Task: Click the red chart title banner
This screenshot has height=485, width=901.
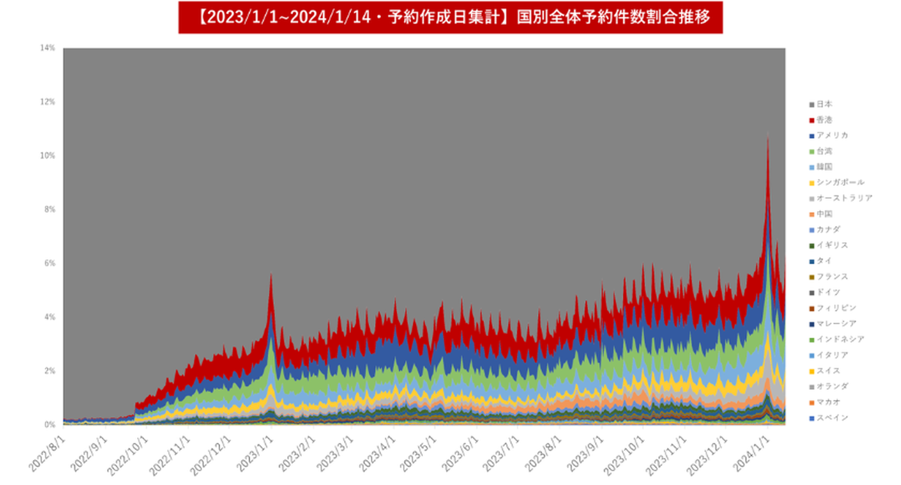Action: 450,18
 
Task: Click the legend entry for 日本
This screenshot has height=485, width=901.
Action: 824,104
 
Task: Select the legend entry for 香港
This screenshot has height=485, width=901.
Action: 824,120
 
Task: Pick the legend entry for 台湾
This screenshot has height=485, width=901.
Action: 824,151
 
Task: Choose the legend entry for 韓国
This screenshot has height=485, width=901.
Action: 824,166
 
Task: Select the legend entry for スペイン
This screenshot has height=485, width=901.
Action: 832,417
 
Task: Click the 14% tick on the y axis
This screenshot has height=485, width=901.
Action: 48,48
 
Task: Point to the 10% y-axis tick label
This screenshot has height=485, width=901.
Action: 48,155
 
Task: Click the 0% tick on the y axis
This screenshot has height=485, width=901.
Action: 49,424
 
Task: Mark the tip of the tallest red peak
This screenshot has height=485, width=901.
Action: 768,135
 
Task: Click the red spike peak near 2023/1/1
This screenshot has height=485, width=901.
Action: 270,274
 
